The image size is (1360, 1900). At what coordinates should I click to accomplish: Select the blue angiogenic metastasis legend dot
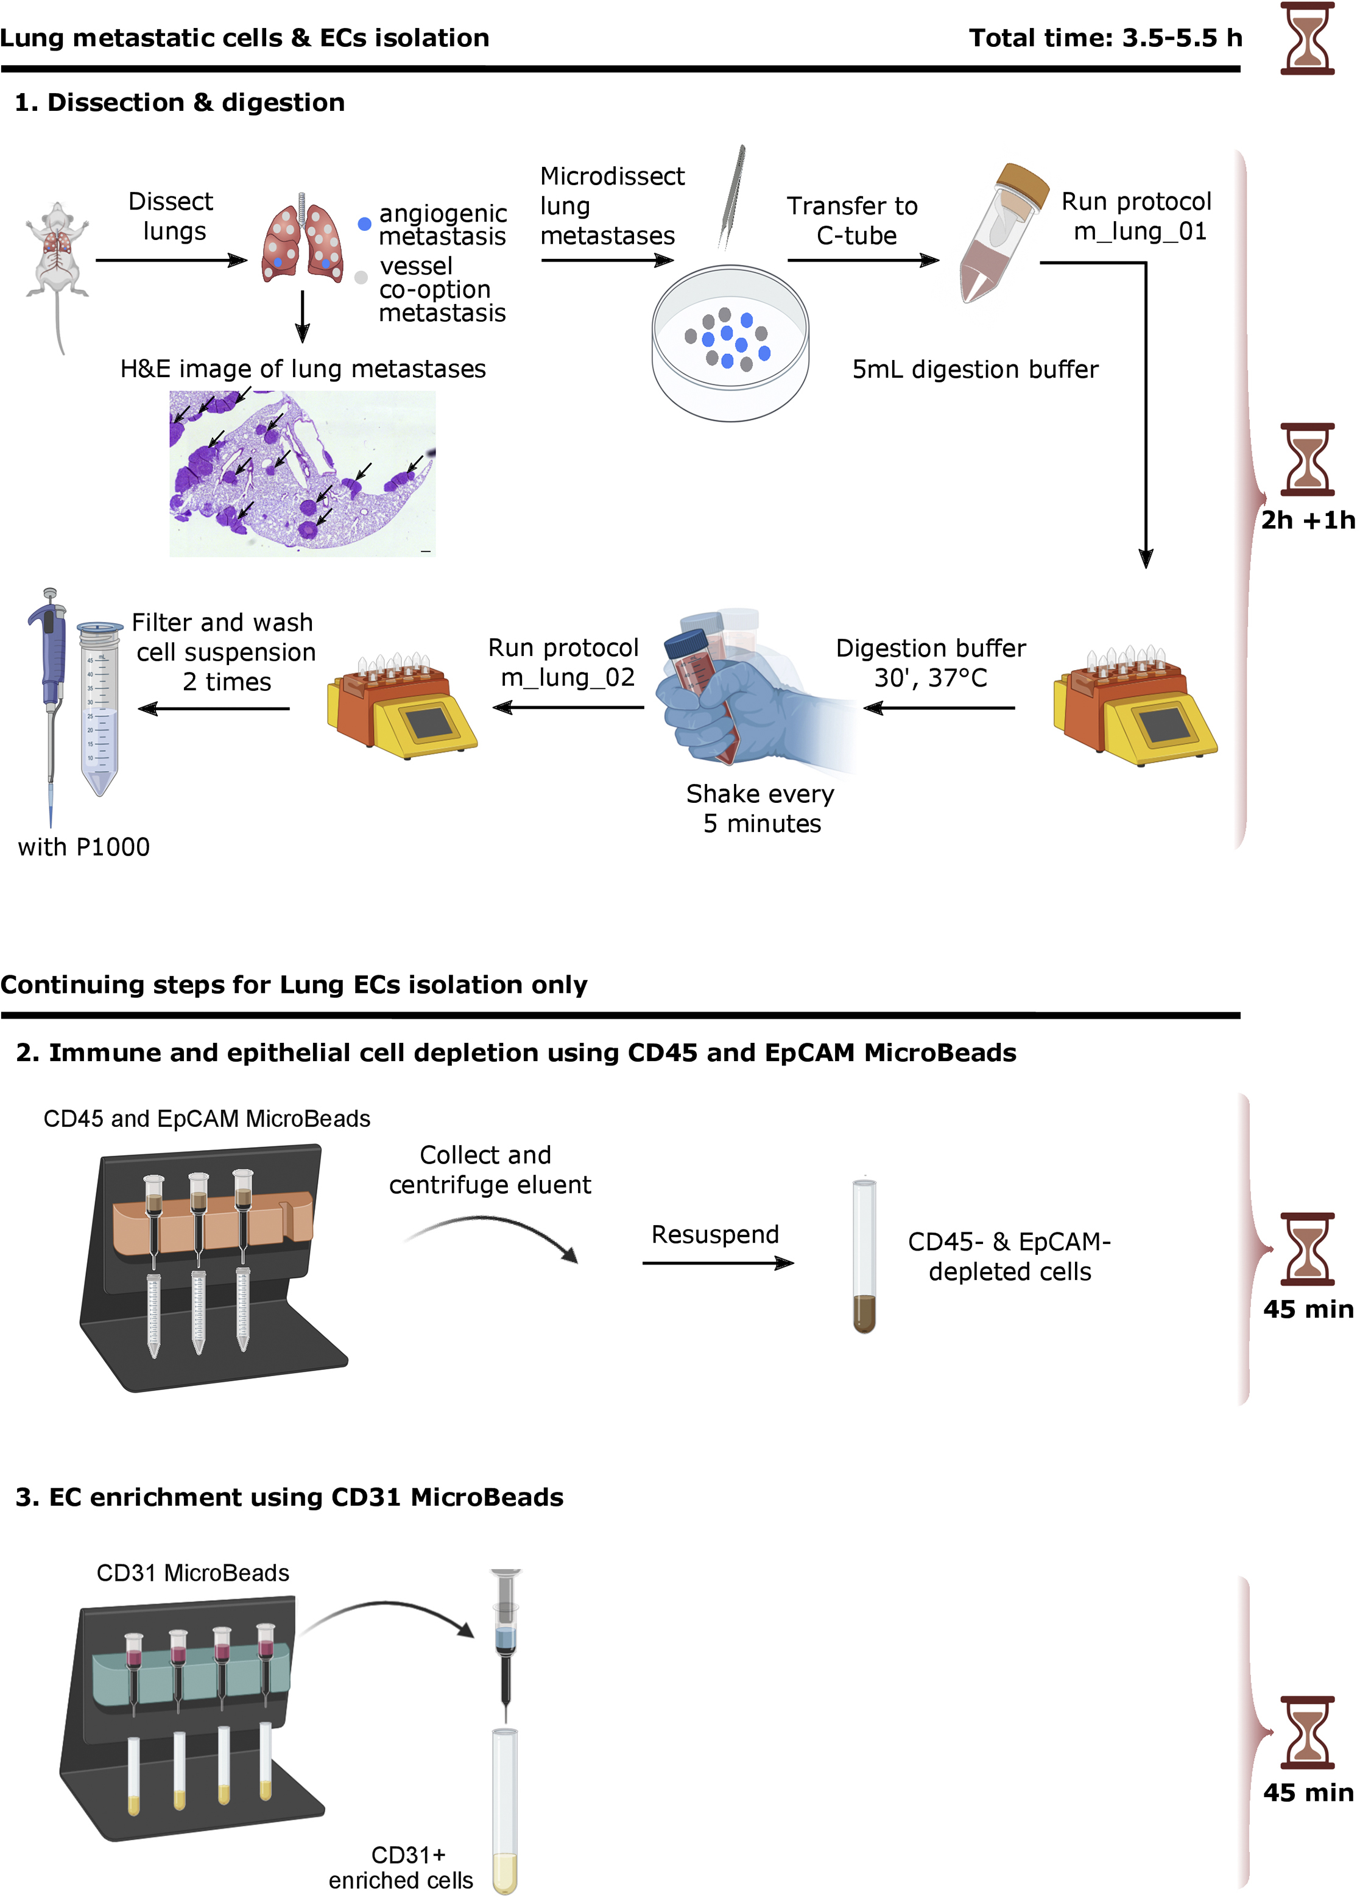[364, 224]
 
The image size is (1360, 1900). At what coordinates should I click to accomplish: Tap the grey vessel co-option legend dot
[361, 277]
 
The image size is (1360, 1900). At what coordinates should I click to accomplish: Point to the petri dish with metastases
[730, 344]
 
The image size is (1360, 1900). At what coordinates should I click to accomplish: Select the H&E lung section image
[302, 473]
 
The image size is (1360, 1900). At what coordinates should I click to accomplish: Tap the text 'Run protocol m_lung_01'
[1137, 216]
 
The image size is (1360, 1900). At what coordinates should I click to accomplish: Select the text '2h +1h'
[1307, 520]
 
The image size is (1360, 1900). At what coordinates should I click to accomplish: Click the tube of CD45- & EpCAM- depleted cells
[864, 1256]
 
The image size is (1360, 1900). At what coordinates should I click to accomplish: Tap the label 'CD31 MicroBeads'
[192, 1573]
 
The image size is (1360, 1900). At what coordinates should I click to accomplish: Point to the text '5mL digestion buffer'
[974, 369]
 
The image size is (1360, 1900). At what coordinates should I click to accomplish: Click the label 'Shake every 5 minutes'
[760, 808]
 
